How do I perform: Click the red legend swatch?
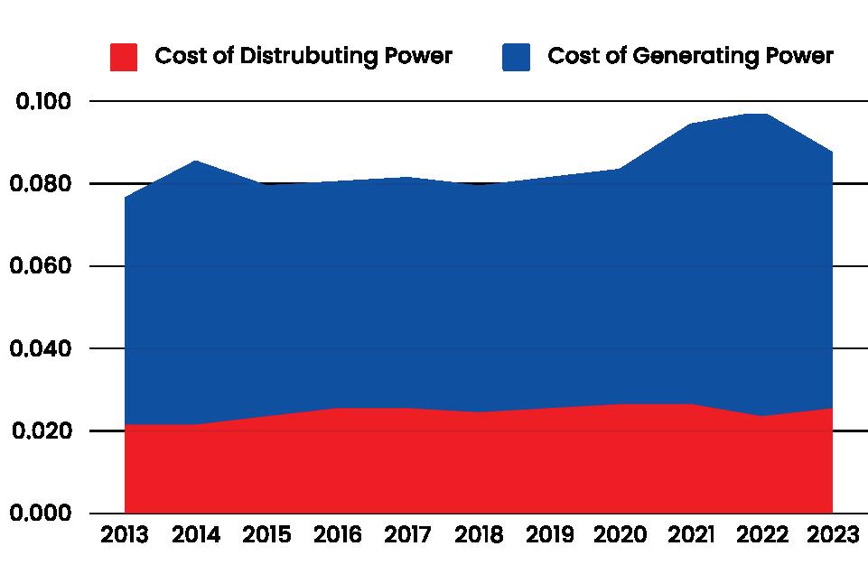[x=123, y=57]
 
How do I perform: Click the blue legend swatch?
[x=517, y=57]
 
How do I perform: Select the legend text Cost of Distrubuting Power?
[x=303, y=56]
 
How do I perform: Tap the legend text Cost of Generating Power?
[x=690, y=56]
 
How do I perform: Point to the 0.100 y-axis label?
[x=42, y=101]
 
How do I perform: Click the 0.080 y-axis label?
[x=42, y=184]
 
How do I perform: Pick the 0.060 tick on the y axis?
[x=42, y=266]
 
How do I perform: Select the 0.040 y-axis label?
[x=42, y=348]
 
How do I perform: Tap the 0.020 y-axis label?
[x=42, y=431]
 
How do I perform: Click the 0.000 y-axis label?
[x=42, y=513]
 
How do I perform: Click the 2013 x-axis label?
[x=125, y=536]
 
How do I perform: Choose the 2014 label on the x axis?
[x=196, y=536]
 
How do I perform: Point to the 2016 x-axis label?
[x=338, y=536]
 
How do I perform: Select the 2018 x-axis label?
[x=480, y=536]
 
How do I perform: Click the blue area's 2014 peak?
[x=196, y=161]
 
